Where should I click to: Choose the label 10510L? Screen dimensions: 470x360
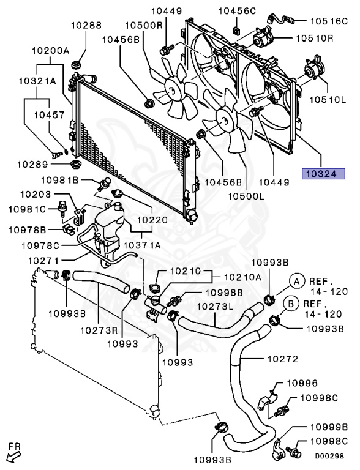pyautogui.click(x=331, y=99)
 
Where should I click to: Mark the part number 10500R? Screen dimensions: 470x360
pyautogui.click(x=144, y=26)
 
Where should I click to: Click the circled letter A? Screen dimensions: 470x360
pyautogui.click(x=296, y=281)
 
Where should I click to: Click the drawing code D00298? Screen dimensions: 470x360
pyautogui.click(x=328, y=456)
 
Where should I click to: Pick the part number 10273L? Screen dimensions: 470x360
pyautogui.click(x=215, y=307)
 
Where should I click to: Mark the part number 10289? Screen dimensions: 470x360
pyautogui.click(x=32, y=164)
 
